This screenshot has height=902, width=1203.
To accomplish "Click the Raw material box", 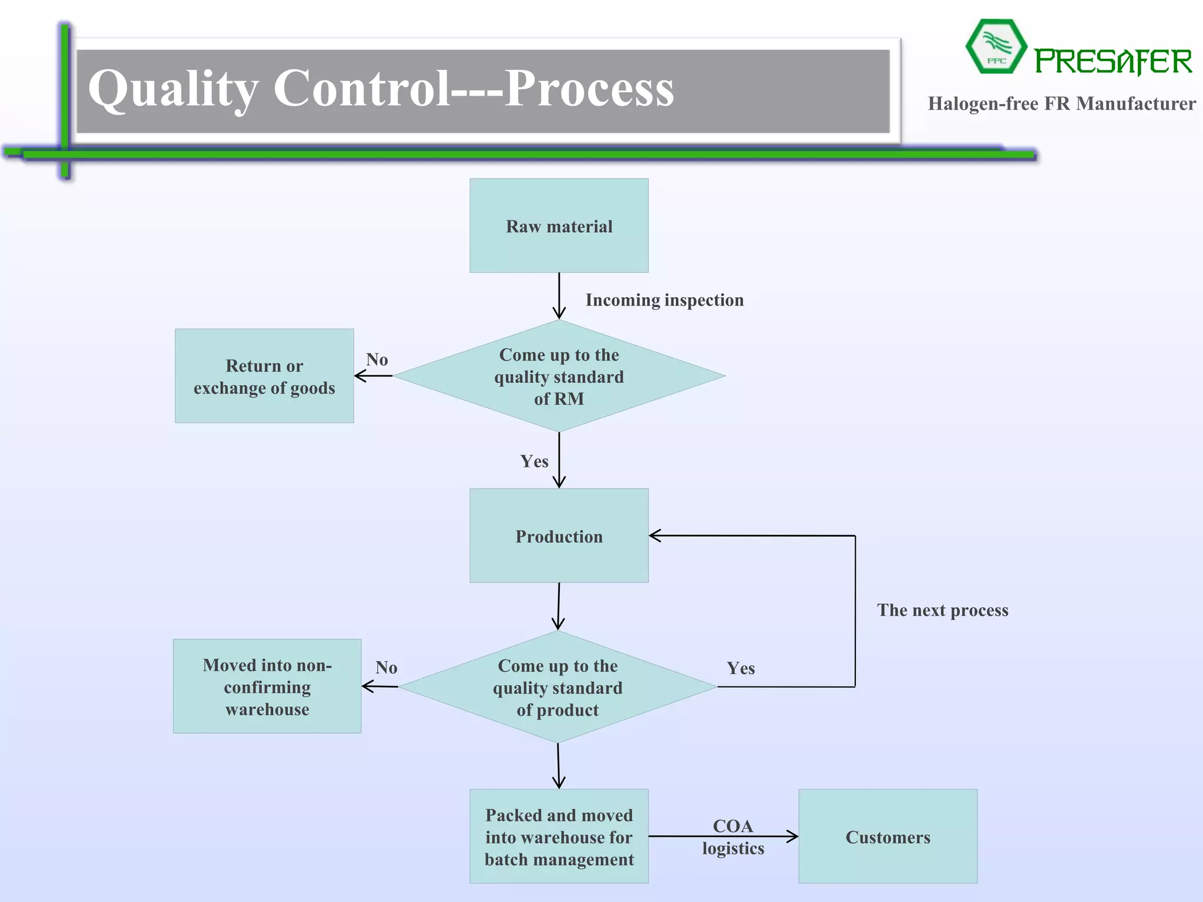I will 559,225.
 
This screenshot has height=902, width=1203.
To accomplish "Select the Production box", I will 559,536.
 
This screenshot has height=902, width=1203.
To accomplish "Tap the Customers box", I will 888,836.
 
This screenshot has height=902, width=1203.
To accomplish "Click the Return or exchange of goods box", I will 264,376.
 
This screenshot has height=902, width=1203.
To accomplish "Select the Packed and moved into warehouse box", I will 559,836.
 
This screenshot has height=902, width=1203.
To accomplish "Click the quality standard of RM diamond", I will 559,376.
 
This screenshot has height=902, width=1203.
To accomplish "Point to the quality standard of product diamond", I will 557,687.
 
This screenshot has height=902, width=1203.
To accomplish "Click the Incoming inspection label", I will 664,300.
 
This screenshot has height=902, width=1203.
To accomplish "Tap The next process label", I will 942,610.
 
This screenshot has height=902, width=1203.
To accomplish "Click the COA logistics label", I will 732,837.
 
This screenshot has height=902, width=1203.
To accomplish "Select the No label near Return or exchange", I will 377,359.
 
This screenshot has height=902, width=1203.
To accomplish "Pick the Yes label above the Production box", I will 534,461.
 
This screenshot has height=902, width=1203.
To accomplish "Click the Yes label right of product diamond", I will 741,668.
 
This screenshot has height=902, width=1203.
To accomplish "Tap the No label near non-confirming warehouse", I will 387,668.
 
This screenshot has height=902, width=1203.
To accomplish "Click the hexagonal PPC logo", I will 996,47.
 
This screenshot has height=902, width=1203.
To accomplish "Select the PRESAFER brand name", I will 1113,62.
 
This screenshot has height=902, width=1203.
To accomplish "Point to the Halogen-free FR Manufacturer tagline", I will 1061,104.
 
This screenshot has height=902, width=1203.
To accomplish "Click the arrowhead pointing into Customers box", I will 793,836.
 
